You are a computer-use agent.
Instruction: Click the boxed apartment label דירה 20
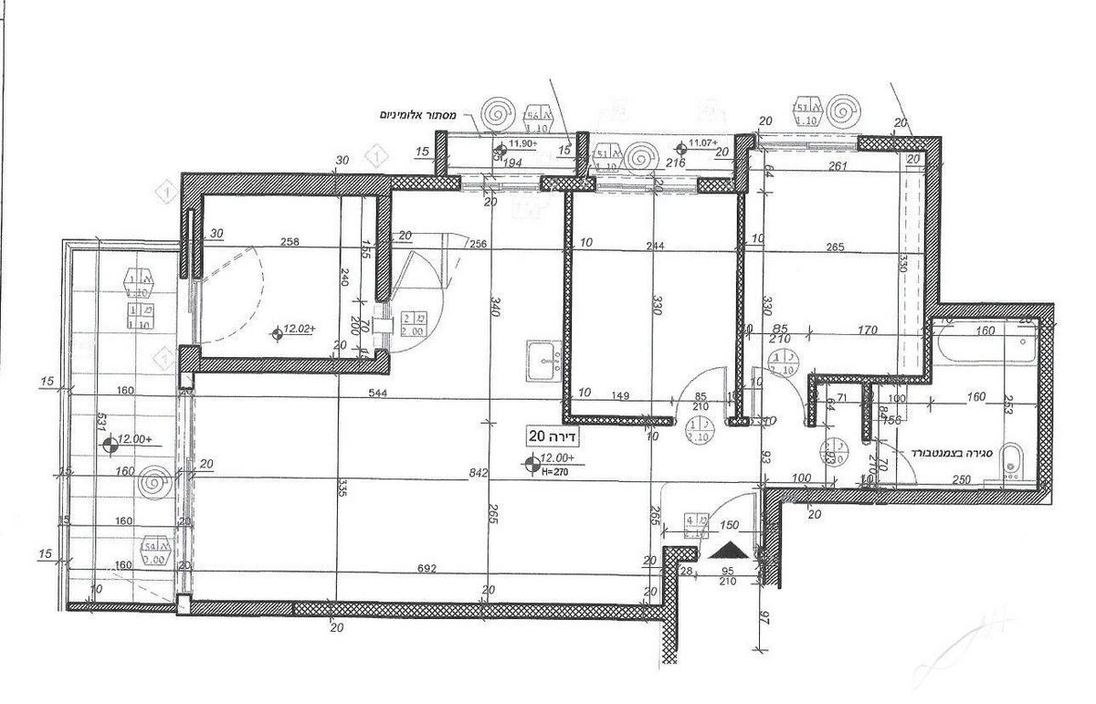tap(553, 436)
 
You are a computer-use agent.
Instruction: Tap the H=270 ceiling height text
tap(555, 472)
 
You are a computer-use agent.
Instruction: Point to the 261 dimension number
tap(839, 166)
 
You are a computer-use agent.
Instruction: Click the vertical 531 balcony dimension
tap(102, 426)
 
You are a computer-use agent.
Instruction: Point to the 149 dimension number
tap(623, 396)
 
